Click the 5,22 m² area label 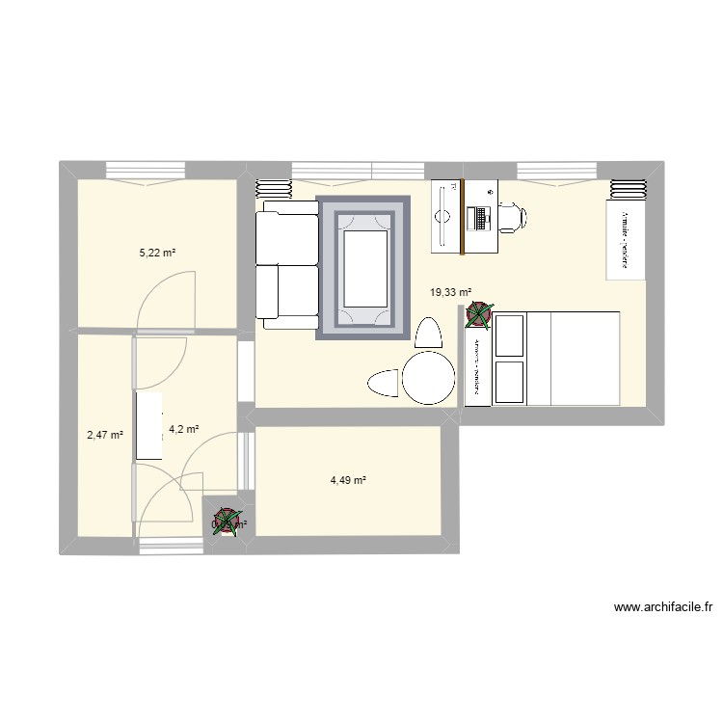click(x=157, y=254)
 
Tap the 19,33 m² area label click(x=451, y=292)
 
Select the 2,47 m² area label click(x=104, y=435)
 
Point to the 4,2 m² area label click(x=183, y=429)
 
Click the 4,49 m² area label click(x=348, y=480)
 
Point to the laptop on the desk click(x=479, y=218)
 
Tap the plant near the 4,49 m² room click(x=227, y=522)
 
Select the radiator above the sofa click(x=273, y=188)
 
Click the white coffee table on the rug click(x=362, y=265)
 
